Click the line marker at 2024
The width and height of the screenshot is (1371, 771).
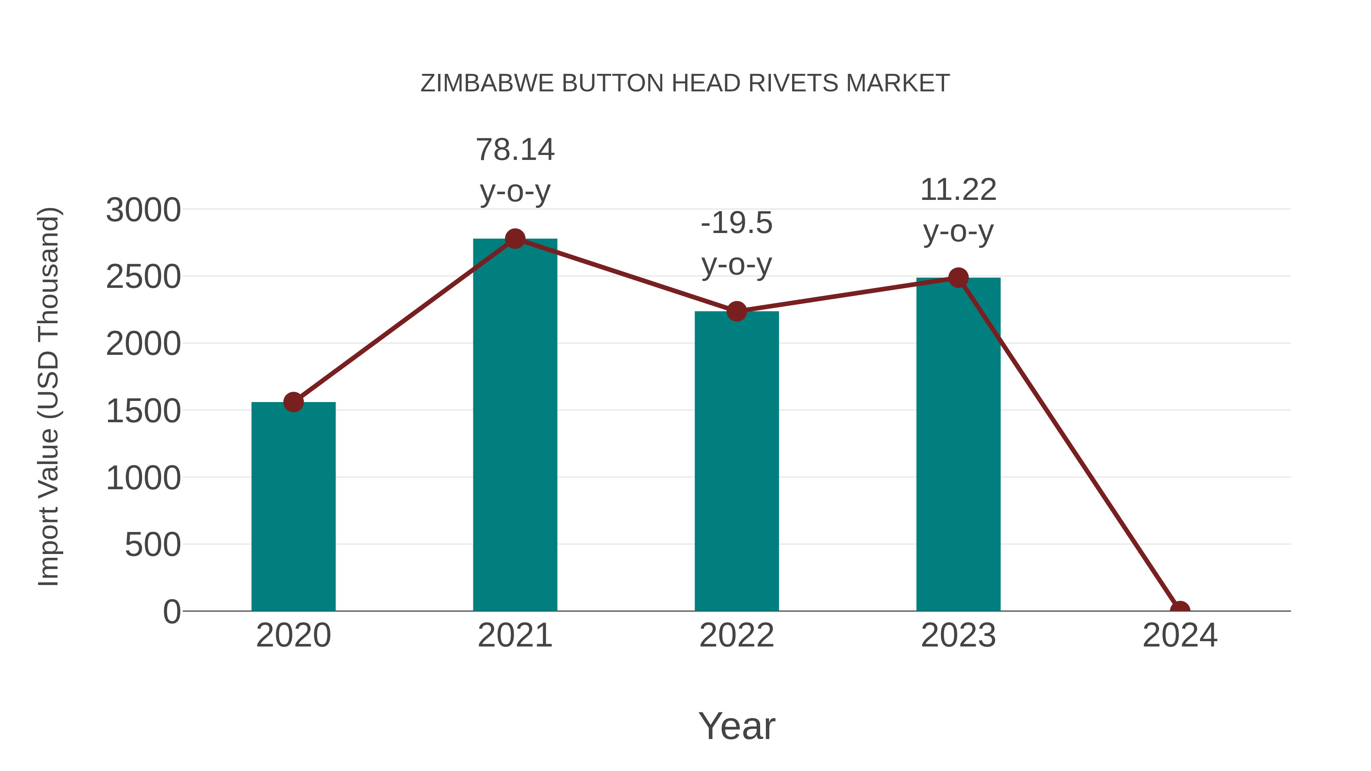click(x=1179, y=610)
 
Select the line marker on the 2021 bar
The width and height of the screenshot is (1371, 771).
click(x=515, y=238)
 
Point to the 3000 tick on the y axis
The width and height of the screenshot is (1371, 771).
click(x=143, y=210)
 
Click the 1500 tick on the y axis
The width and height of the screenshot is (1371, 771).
click(x=143, y=411)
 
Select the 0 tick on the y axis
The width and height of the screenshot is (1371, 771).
click(x=172, y=611)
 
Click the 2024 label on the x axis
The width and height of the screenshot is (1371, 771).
click(x=1179, y=635)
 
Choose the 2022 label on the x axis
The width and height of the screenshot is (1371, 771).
click(x=737, y=635)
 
